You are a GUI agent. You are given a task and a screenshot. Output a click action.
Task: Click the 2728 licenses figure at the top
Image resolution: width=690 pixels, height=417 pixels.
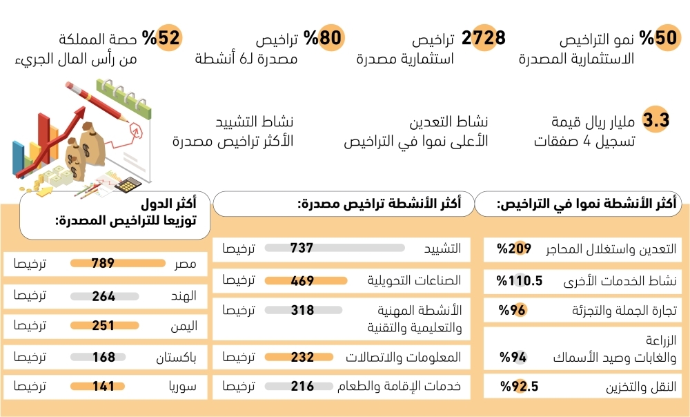[483, 38]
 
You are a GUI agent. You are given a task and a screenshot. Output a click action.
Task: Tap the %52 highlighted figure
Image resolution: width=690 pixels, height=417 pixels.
[162, 37]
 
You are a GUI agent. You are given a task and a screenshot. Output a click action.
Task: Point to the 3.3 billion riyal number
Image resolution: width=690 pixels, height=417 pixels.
[655, 119]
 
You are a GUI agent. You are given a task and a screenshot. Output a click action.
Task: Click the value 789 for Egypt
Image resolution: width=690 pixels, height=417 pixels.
[103, 263]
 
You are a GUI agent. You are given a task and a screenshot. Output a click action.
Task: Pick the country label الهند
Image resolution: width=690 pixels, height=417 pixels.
[184, 296]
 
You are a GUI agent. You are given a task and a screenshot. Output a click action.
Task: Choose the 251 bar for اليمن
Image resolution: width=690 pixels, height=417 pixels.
[105, 326]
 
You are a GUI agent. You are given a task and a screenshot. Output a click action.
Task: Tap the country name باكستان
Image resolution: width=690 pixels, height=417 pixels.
[176, 357]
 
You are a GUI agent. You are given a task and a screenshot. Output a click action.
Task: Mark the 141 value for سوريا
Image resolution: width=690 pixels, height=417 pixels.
[103, 386]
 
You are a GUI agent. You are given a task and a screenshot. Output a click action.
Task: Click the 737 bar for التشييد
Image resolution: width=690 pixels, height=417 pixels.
[335, 248]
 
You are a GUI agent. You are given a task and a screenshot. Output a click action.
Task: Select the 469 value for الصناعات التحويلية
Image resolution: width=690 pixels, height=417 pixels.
[302, 280]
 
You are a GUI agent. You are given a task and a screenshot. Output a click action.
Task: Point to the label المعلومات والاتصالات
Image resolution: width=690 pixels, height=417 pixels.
[403, 357]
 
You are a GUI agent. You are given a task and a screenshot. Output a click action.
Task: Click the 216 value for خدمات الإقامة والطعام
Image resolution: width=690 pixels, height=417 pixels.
[302, 386]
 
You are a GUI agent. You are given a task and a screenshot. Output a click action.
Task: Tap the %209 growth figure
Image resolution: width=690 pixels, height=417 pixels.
[514, 249]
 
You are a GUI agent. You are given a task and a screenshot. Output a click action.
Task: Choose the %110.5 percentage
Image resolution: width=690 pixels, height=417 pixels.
[520, 280]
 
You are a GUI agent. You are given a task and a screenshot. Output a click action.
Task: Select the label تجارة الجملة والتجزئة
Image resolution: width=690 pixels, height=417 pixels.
[624, 311]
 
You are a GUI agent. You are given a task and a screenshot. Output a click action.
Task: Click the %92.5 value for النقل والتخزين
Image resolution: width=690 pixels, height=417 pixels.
[519, 386]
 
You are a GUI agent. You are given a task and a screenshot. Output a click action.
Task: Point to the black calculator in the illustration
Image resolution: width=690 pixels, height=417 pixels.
[128, 184]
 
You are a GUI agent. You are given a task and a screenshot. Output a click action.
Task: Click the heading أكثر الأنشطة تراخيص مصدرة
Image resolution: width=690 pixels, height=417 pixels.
[379, 204]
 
